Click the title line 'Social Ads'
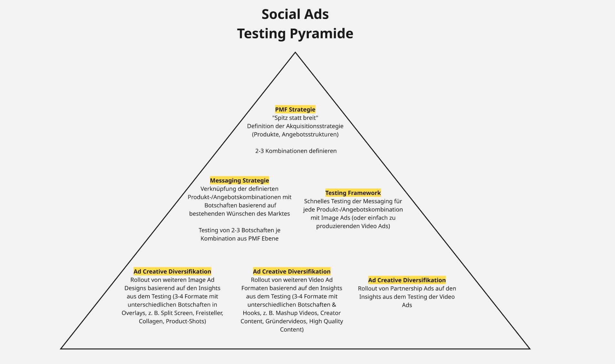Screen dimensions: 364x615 [x=295, y=14]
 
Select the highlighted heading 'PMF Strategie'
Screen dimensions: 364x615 [x=295, y=110]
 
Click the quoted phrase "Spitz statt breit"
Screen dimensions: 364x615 [x=295, y=118]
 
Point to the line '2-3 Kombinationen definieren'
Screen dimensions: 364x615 [x=296, y=151]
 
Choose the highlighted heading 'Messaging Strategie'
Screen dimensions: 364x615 [x=239, y=180]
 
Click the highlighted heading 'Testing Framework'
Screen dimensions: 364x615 [x=353, y=193]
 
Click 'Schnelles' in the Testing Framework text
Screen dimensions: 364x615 [x=317, y=201]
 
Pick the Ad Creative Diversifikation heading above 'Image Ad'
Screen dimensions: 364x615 [x=172, y=272]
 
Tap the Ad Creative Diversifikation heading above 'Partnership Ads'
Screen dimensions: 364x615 [x=407, y=280]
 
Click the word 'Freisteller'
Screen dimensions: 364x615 [x=209, y=313]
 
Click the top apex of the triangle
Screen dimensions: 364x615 [x=295, y=53]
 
